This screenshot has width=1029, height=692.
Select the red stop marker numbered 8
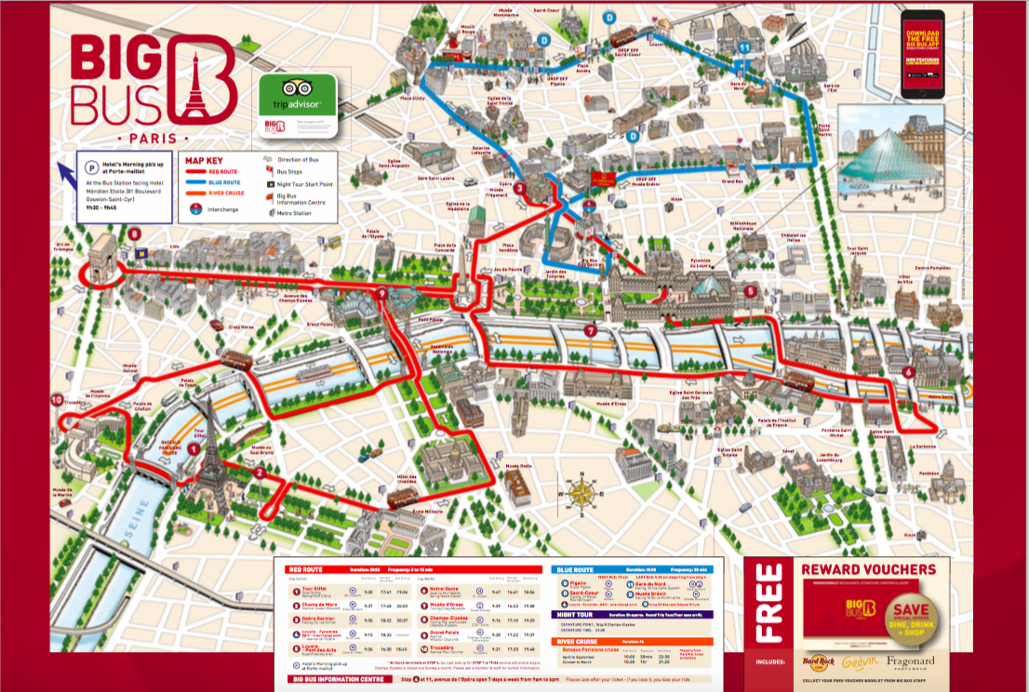(135, 233)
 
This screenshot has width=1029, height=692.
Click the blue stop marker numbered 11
(743, 47)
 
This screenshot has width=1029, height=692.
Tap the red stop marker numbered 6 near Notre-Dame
(908, 373)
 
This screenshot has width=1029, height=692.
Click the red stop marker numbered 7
(590, 331)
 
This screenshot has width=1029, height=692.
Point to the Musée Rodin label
(517, 465)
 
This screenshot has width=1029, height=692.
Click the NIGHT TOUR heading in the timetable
(577, 614)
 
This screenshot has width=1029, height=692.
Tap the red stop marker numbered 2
(261, 472)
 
